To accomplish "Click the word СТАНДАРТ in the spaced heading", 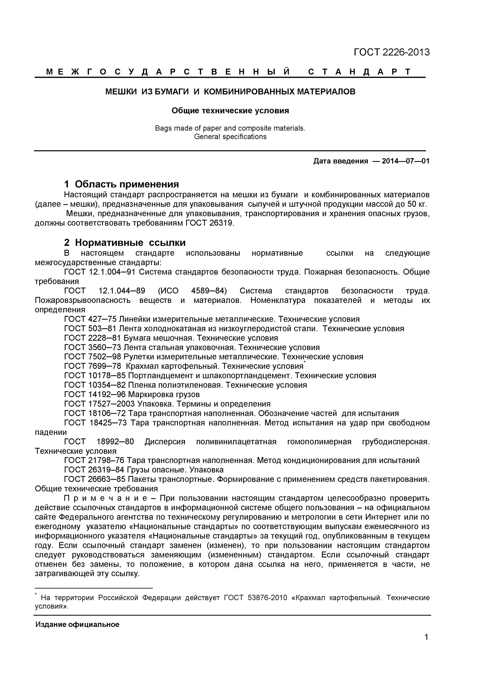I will point(359,72).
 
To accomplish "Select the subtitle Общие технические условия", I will point(230,111).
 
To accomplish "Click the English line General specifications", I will point(230,137).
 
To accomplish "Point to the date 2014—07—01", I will point(406,161).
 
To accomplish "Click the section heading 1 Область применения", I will point(121,184).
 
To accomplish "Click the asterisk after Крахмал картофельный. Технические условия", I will point(305,363).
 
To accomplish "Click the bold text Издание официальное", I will point(77,624).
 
